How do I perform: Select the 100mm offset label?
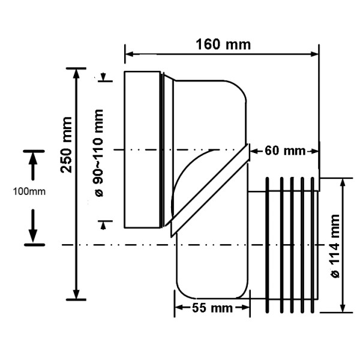29,191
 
